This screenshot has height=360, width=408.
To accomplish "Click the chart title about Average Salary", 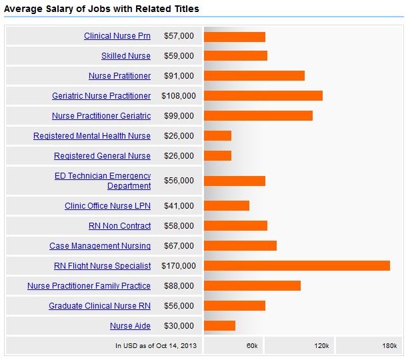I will point(101,9).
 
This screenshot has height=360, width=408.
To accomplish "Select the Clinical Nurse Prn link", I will point(117,36).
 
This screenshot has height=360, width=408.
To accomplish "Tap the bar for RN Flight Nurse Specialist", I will point(297,266).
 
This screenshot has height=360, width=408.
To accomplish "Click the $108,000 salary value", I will point(179,96).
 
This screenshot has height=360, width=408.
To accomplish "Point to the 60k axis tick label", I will point(252,345).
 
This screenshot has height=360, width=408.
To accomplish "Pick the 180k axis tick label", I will point(390,345).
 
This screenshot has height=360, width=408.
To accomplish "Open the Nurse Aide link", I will point(131,326).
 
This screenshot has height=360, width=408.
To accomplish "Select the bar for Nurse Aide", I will point(219,326).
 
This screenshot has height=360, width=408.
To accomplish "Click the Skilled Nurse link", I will point(126,56).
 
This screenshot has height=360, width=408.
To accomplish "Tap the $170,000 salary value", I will point(179,266).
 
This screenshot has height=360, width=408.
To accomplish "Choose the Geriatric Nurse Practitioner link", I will point(101,96).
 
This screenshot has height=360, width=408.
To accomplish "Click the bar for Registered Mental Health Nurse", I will point(217,136).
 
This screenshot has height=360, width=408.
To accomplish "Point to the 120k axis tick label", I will point(321,345).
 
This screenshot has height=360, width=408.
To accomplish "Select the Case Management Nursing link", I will point(100,246).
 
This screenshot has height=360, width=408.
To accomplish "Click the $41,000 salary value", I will point(179,206).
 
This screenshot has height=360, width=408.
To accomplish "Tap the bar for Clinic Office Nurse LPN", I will point(227,206).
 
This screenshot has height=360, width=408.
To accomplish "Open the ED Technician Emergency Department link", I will point(103,181).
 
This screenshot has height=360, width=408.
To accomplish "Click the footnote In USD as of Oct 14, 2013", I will point(156,345).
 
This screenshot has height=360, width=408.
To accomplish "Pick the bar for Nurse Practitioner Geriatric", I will point(258,116).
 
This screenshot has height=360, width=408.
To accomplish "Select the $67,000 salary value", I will point(179,246).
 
